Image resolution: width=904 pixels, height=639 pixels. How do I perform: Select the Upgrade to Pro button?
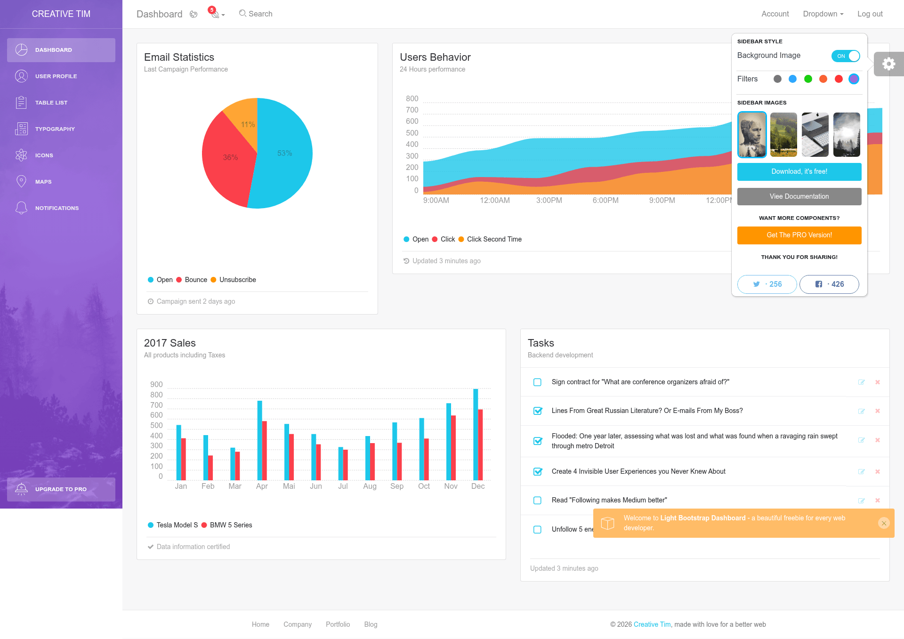point(61,489)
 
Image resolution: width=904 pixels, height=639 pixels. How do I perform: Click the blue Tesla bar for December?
point(476,434)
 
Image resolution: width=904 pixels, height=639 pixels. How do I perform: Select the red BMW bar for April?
point(265,451)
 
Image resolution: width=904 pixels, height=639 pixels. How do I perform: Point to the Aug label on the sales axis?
point(370,486)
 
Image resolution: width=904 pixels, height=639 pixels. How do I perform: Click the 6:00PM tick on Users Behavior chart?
point(605,200)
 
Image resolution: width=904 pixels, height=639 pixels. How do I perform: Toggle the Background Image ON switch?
point(846,56)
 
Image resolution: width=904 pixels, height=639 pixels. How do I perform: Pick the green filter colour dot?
point(808,79)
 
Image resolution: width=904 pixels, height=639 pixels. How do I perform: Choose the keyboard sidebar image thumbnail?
point(815,135)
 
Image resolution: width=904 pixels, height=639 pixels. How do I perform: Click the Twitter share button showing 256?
point(767,284)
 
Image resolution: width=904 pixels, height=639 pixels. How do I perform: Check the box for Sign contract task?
point(537,382)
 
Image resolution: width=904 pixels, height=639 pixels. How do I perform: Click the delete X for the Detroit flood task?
point(878,440)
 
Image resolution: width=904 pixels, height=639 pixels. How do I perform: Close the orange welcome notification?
point(884,523)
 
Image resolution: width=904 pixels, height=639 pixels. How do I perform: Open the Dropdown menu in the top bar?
point(823,14)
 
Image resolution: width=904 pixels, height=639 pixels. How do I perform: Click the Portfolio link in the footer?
point(338,624)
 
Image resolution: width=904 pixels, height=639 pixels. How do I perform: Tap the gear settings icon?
point(889,64)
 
